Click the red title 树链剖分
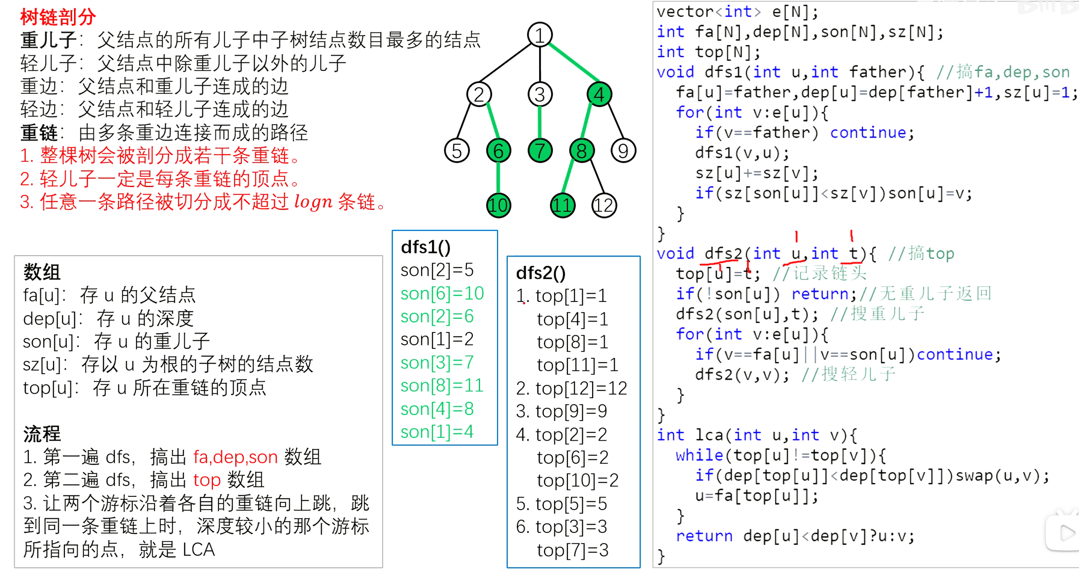(x=58, y=17)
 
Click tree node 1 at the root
(x=539, y=35)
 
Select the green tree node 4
(x=599, y=94)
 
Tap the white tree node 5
(x=456, y=151)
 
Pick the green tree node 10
(x=498, y=205)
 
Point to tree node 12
(x=604, y=205)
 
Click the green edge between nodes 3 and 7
(x=539, y=122)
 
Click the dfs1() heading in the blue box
(x=426, y=247)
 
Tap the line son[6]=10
(x=442, y=293)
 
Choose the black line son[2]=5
(x=437, y=270)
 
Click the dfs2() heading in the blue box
(x=540, y=273)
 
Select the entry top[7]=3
(x=572, y=550)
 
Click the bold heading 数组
(x=42, y=272)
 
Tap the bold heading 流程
(x=42, y=434)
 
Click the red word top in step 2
(x=207, y=480)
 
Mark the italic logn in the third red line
(x=313, y=202)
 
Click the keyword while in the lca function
(x=699, y=455)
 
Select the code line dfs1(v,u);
(x=742, y=153)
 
